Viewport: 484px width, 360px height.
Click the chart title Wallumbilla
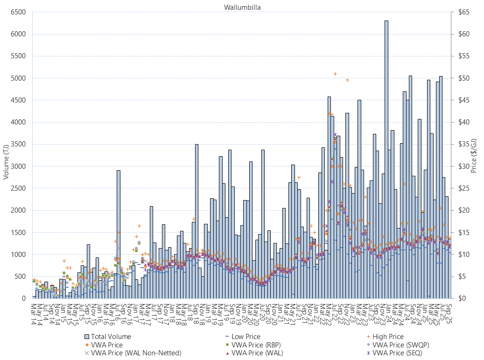[239, 7]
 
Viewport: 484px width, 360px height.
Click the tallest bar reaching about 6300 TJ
[386, 159]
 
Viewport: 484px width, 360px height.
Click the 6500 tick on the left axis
[18, 12]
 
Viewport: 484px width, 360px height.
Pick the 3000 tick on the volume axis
[18, 166]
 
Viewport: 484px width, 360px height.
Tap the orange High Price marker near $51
[335, 74]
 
